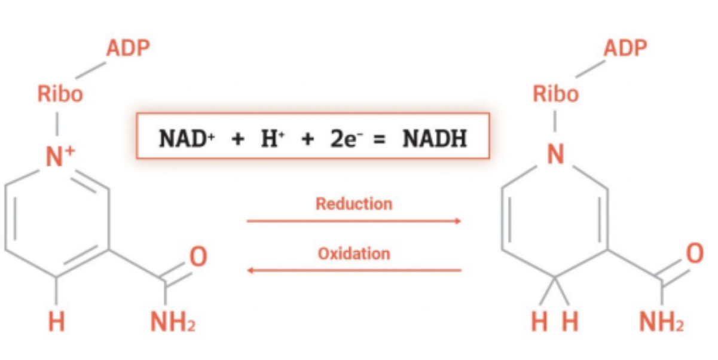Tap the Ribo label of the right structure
(556, 94)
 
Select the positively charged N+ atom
(59, 157)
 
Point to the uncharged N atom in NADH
(556, 156)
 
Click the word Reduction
(354, 204)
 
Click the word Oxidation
(354, 254)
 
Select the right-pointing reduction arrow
(354, 221)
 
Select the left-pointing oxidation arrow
(354, 270)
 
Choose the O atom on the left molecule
(198, 257)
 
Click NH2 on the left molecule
(173, 324)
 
